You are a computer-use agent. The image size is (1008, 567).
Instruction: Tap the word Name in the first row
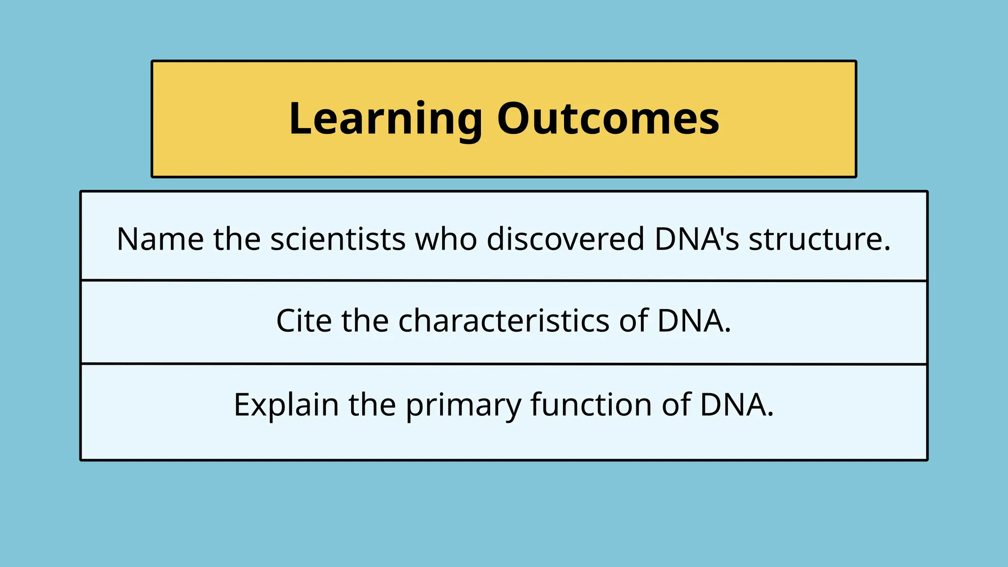coord(160,239)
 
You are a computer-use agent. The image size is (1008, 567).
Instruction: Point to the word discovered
coord(565,239)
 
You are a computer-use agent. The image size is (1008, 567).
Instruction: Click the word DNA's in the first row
coord(696,239)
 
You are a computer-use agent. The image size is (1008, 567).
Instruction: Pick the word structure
coord(815,239)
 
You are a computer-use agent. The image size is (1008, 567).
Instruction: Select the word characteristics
coord(504,321)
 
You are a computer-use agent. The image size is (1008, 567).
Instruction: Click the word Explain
coord(286,405)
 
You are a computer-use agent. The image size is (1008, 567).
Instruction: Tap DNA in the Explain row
coord(733,405)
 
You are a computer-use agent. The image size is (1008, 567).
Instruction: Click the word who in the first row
coord(446,239)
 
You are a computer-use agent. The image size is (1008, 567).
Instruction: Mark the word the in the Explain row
coord(372,405)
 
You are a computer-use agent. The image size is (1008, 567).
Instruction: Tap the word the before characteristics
coord(365,321)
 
